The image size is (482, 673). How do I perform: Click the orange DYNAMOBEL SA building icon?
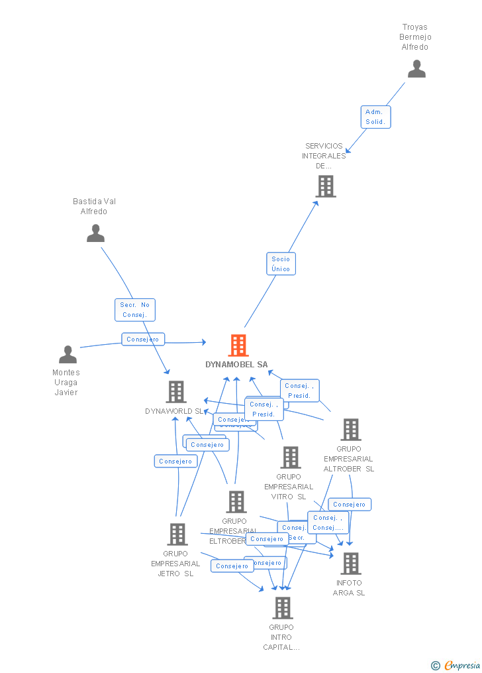(238, 345)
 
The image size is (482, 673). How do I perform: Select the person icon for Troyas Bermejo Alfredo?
(416, 69)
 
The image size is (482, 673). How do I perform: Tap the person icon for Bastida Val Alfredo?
(96, 233)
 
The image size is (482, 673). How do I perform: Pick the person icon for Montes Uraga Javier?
(68, 355)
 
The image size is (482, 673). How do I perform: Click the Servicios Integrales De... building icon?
(326, 186)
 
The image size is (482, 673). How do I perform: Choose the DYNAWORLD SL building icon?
(176, 392)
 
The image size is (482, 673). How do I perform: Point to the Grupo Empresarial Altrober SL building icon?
(350, 430)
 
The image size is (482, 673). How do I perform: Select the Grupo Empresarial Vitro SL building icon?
(290, 458)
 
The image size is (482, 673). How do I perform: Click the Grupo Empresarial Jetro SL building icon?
(177, 534)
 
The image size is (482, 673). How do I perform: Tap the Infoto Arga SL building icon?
(350, 564)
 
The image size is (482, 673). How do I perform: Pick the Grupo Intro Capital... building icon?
(283, 607)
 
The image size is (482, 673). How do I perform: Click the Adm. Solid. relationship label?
(375, 117)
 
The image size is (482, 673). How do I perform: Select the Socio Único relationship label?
(281, 264)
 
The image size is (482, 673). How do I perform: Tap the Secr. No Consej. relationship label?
(135, 310)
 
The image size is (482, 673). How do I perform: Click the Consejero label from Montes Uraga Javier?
(143, 339)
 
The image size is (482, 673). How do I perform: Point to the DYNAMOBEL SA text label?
(236, 365)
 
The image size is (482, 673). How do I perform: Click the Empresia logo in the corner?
(456, 665)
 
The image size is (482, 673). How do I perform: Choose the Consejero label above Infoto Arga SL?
(350, 505)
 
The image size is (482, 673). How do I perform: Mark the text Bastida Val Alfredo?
(95, 206)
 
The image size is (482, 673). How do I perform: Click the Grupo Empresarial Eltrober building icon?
(236, 502)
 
